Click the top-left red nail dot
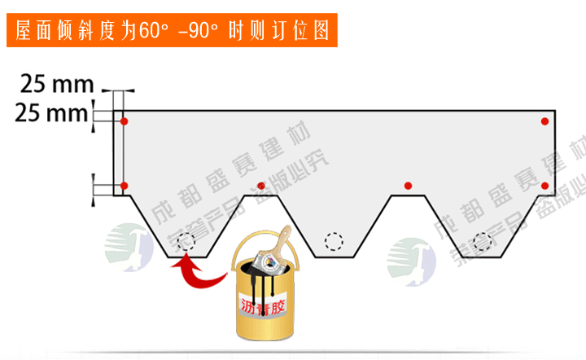[x=124, y=121]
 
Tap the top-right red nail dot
[x=544, y=121]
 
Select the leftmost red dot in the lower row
[x=124, y=186]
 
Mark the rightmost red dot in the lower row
[x=544, y=186]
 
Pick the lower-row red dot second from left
[x=260, y=186]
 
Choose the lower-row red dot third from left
[x=408, y=186]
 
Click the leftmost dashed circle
[x=188, y=241]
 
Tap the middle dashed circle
[x=334, y=241]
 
